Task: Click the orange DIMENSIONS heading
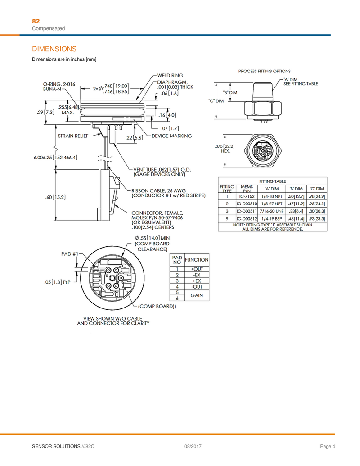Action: pyautogui.click(x=54, y=49)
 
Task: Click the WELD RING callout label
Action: pyautogui.click(x=170, y=75)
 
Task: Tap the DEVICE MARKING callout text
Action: pyautogui.click(x=171, y=136)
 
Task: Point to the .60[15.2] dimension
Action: pyautogui.click(x=56, y=197)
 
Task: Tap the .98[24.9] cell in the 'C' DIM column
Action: pyautogui.click(x=317, y=196)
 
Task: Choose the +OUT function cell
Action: pyautogui.click(x=197, y=269)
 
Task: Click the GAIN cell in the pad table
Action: pyautogui.click(x=197, y=295)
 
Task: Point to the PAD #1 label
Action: pyautogui.click(x=70, y=253)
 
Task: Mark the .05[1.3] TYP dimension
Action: pyautogui.click(x=57, y=282)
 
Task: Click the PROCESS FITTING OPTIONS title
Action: pyautogui.click(x=264, y=71)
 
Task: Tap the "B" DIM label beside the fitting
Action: pyautogui.click(x=230, y=92)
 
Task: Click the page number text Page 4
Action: pyautogui.click(x=328, y=446)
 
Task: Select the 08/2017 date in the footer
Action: pyautogui.click(x=192, y=446)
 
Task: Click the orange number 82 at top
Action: pyautogui.click(x=36, y=21)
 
